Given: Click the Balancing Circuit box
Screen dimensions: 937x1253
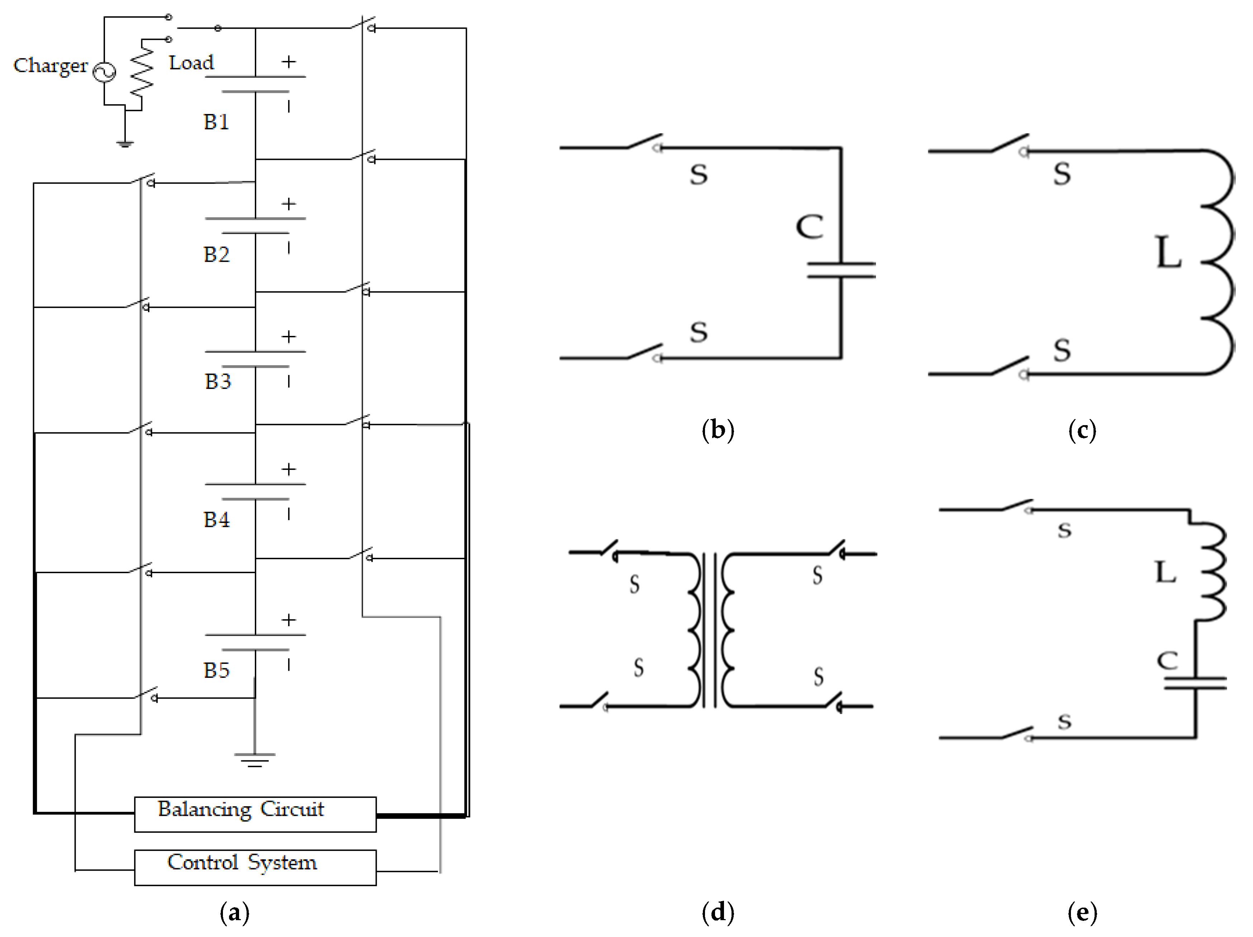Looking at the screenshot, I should point(255,814).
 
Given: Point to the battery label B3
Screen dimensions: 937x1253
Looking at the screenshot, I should point(218,381).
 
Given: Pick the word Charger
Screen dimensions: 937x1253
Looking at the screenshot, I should point(51,66).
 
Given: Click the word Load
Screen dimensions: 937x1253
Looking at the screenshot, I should point(191,62).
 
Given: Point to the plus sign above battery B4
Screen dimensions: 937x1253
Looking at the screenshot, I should point(289,469).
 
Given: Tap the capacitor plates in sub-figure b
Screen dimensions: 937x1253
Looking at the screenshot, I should point(841,270).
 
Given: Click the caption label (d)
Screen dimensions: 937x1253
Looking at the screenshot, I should point(718,912).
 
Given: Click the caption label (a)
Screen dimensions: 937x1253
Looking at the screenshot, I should point(234,912).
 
